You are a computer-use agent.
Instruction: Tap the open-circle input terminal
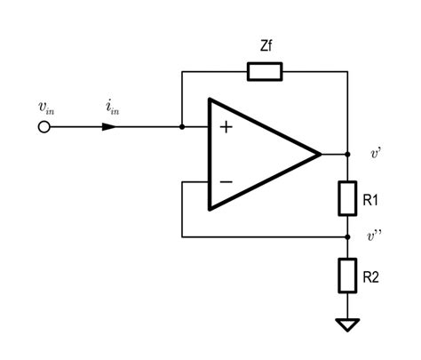(44, 127)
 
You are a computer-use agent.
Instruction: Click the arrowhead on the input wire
(108, 127)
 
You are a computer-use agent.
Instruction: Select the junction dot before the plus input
(182, 127)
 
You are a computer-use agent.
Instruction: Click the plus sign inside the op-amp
(226, 127)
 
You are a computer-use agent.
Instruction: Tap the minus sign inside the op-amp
(226, 181)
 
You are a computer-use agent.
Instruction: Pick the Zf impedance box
(264, 72)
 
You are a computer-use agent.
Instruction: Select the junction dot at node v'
(347, 154)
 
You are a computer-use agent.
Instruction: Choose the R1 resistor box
(347, 197)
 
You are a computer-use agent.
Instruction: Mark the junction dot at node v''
(347, 236)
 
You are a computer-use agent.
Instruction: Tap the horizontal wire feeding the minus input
(195, 181)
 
